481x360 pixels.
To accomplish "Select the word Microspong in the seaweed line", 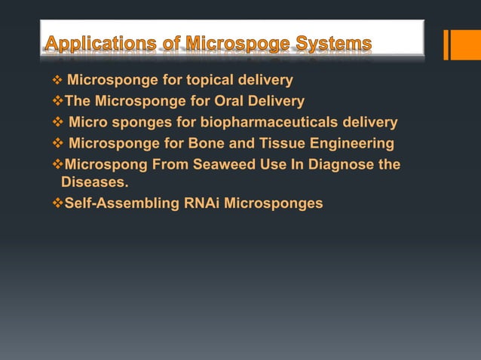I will [x=102, y=165].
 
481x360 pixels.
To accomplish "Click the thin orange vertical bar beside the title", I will [x=446, y=44].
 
